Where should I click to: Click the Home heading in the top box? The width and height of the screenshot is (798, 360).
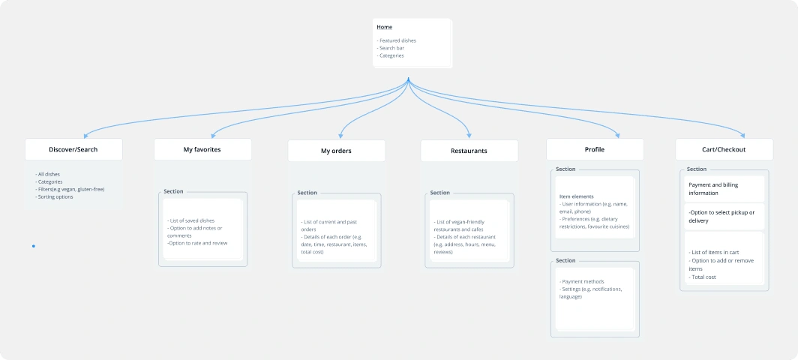pos(384,27)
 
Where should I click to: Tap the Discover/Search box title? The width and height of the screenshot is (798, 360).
pos(73,150)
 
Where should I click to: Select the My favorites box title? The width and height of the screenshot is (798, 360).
pos(202,150)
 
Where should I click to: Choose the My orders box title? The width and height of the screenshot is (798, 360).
pos(336,151)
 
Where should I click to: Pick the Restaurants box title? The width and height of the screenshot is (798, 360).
pos(469,151)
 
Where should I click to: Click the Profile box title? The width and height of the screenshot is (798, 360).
pos(595,150)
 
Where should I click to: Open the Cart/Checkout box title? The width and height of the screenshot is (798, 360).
pos(724,150)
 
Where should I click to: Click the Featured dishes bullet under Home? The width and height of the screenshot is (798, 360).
pos(397,40)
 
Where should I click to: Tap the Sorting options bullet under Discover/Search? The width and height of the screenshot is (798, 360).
pos(54,197)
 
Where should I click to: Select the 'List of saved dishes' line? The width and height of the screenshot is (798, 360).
pos(190,221)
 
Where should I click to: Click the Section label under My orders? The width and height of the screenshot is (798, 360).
pos(307,193)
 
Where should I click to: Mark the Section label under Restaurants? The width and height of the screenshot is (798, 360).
pos(439,193)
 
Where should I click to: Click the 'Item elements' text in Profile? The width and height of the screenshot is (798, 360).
pos(576,196)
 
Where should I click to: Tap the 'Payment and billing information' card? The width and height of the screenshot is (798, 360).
pos(724,189)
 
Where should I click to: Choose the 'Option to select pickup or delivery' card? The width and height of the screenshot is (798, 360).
pos(724,217)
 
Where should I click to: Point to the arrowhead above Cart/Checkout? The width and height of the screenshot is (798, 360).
pos(742,136)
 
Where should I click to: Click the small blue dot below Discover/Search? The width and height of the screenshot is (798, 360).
pos(34,247)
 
